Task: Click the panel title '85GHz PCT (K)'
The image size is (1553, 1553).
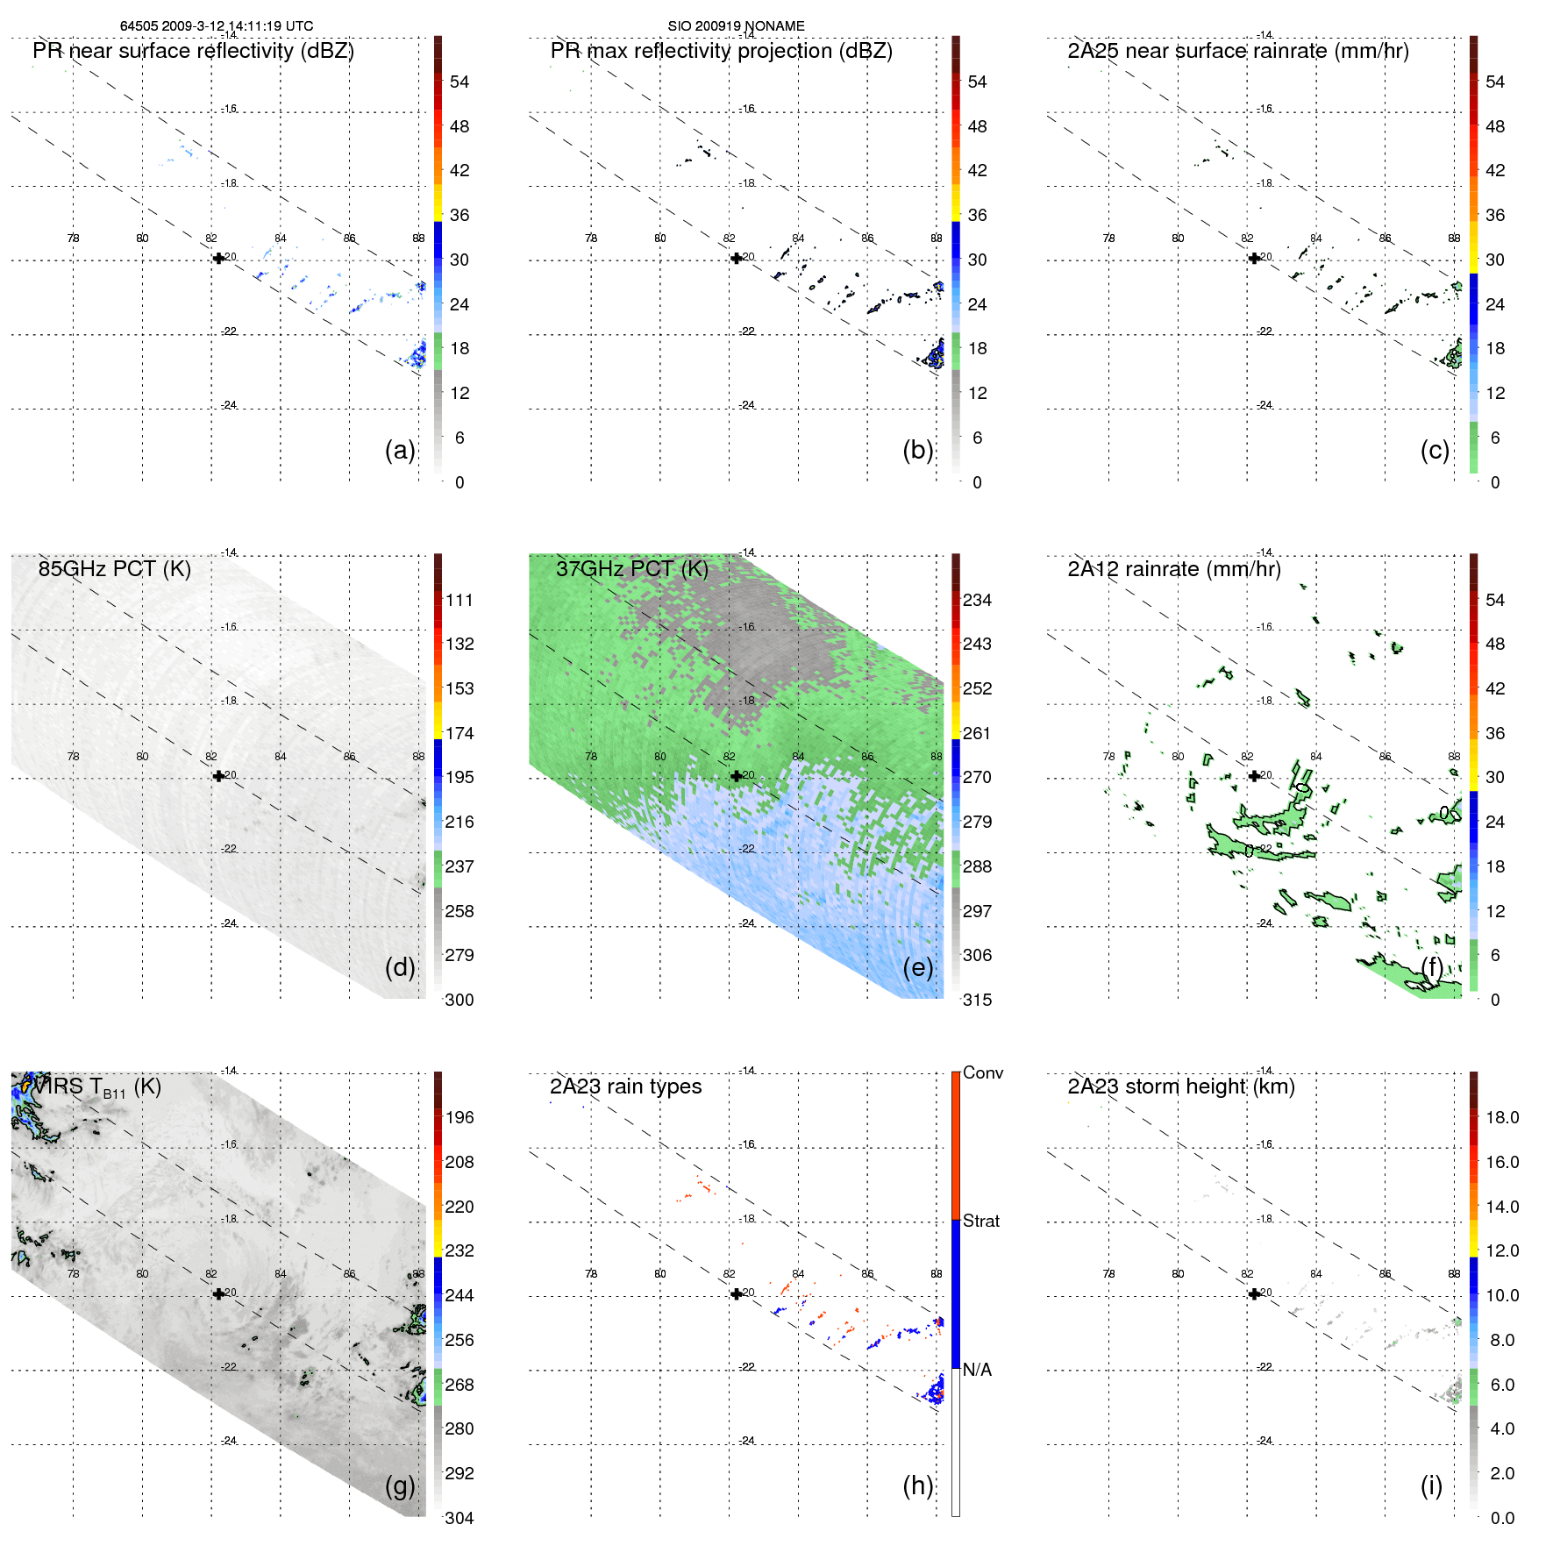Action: coord(114,569)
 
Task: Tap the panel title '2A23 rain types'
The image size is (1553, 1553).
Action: coord(625,1086)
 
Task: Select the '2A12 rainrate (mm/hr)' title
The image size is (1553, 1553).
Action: coord(1173,569)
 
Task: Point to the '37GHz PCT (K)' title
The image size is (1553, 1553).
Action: coord(631,569)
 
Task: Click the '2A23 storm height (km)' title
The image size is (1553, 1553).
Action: coord(1180,1086)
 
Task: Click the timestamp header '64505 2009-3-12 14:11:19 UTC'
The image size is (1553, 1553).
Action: coord(217,26)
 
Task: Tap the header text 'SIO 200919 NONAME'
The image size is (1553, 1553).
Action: coord(736,26)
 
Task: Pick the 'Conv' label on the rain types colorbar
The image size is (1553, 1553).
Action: coord(982,1072)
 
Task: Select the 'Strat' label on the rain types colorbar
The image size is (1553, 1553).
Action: coord(980,1221)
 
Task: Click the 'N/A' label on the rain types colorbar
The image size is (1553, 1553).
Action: coord(977,1370)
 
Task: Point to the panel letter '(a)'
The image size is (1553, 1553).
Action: coord(400,450)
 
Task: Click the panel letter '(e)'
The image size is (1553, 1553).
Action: coord(917,967)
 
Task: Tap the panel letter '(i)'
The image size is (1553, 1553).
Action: coord(1431,1485)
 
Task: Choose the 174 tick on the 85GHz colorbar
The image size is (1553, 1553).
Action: coord(459,733)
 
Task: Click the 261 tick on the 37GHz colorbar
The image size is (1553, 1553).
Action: coord(977,733)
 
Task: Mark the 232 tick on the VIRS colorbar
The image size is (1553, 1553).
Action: coord(459,1250)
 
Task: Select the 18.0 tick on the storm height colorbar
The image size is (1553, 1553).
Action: coord(1501,1117)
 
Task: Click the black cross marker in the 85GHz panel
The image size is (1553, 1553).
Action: coord(218,776)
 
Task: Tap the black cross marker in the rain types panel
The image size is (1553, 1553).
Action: coord(736,1293)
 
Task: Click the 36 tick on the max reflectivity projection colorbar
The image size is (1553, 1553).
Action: coord(977,215)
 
